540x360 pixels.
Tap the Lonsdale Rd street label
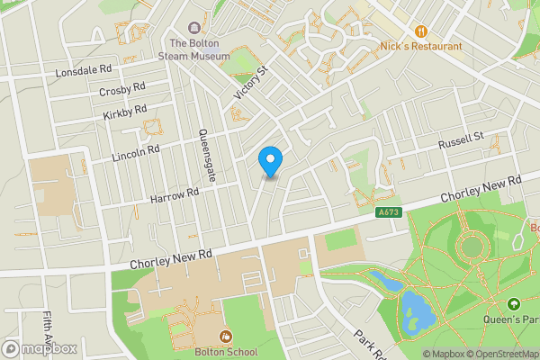(83, 69)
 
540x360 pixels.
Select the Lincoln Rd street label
(136, 153)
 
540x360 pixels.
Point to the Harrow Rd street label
(174, 195)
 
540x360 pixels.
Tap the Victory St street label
(251, 83)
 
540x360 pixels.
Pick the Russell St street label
(461, 142)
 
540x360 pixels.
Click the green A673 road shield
(388, 212)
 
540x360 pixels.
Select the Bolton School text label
(226, 352)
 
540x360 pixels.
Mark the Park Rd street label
(369, 343)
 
